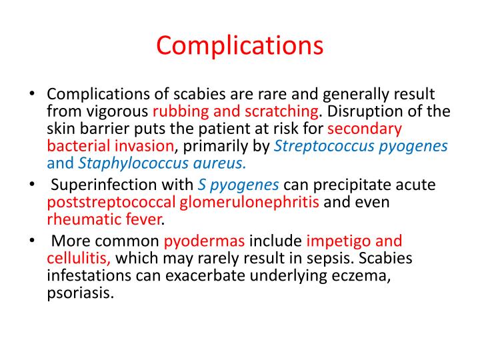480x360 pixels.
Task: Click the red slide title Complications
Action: click(239, 46)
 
